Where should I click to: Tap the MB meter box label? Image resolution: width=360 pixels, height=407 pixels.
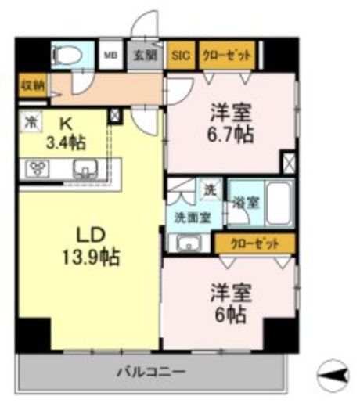[111, 56]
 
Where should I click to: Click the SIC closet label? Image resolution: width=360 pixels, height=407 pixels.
[181, 56]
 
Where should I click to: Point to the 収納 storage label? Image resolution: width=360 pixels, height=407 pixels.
[31, 85]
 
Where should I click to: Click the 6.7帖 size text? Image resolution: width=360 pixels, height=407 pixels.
[230, 134]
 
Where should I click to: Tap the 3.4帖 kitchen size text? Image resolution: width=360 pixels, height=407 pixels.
[67, 143]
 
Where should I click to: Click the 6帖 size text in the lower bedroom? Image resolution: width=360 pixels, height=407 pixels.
[228, 314]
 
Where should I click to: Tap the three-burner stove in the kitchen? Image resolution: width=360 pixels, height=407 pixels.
[37, 167]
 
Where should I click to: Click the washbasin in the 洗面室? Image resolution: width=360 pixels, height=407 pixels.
[189, 241]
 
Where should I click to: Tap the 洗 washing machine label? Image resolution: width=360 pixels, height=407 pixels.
[210, 189]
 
